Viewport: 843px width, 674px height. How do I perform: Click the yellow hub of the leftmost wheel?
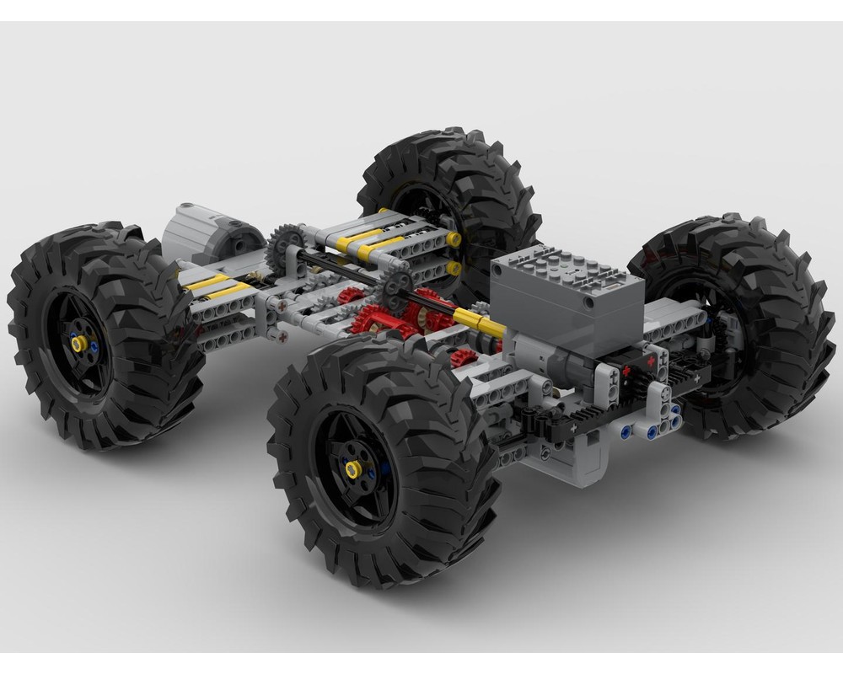[80, 344]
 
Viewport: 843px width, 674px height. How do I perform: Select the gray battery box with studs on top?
[566, 297]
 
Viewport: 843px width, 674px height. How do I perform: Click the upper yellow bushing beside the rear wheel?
[454, 239]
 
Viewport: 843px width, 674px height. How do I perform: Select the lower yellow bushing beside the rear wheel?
[454, 268]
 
